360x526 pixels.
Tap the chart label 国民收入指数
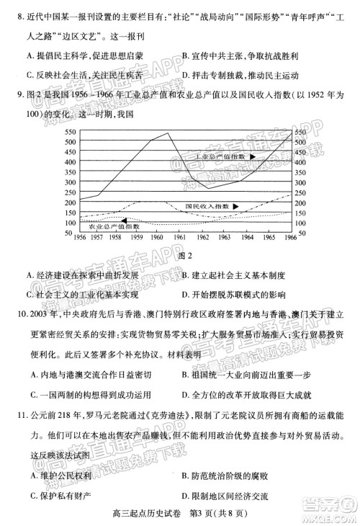(x=206, y=206)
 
